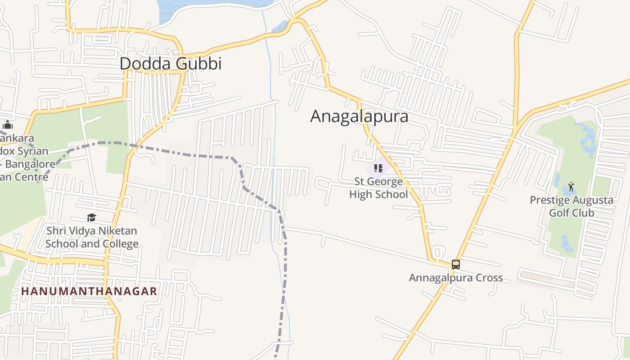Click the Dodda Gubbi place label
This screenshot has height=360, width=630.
(x=171, y=64)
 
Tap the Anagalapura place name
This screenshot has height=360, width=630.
(x=359, y=117)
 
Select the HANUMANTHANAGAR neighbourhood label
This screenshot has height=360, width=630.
(x=89, y=291)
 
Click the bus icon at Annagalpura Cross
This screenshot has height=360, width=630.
(x=455, y=265)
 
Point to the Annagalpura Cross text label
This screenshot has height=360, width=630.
(x=455, y=278)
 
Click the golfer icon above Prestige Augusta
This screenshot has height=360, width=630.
(x=571, y=186)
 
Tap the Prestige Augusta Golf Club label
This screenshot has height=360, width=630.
(x=571, y=206)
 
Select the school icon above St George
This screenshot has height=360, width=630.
(x=378, y=168)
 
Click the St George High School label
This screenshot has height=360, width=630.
(x=378, y=188)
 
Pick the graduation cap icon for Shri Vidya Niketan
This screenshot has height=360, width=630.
(x=91, y=218)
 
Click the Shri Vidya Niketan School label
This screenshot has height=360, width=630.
(x=92, y=237)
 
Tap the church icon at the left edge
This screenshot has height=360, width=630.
(x=8, y=125)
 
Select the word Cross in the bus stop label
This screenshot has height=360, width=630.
(x=488, y=278)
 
